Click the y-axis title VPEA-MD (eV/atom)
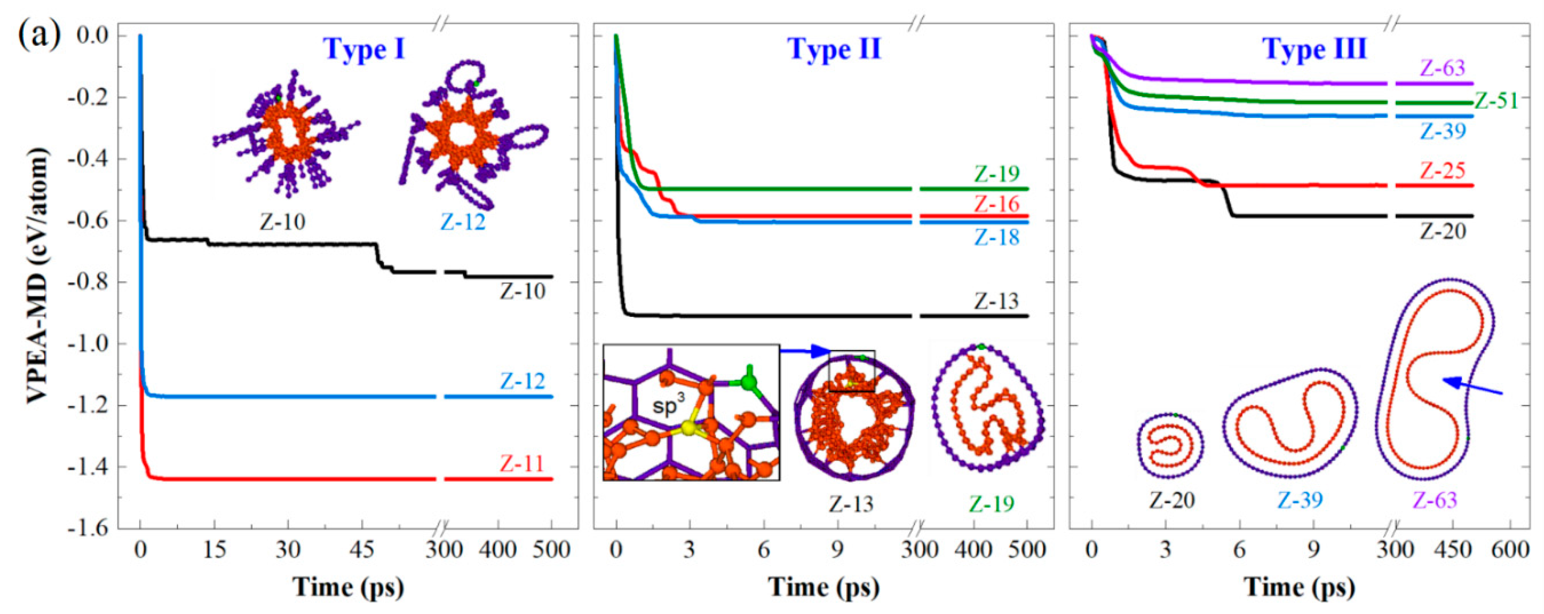(x=37, y=276)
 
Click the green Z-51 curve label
(x=1496, y=101)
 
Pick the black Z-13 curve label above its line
(x=995, y=301)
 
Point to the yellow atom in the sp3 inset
(x=689, y=427)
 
